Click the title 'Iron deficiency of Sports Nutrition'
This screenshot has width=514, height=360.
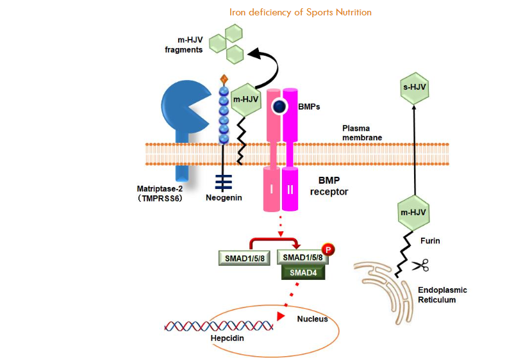(301, 12)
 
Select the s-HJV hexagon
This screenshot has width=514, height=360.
(413, 89)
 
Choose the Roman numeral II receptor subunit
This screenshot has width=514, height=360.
(290, 189)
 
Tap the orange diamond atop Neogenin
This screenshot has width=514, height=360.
(224, 79)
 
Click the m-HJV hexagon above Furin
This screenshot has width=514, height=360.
(413, 211)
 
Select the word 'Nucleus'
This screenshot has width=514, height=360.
(312, 318)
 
